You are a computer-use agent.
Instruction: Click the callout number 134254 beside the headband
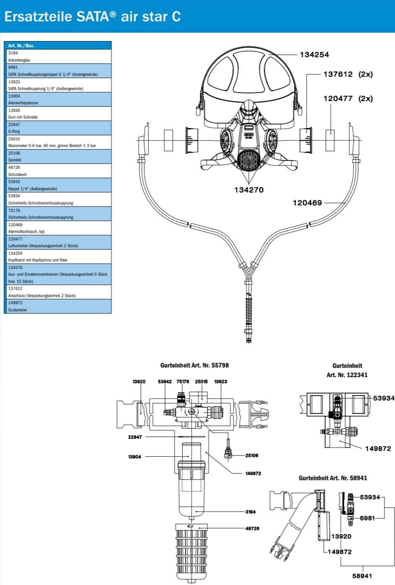[x=314, y=55]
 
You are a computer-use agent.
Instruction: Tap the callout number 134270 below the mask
[x=249, y=190]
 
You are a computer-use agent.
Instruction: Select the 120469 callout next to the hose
[x=307, y=203]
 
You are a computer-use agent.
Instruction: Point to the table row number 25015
[x=14, y=139]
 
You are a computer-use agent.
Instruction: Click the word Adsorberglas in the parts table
[x=19, y=60]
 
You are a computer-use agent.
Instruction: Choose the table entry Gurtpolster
[x=18, y=310]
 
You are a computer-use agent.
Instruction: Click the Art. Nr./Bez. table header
[x=21, y=45]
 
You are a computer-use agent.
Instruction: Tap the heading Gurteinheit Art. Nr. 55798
[x=195, y=365]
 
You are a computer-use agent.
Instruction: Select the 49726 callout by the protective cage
[x=252, y=528]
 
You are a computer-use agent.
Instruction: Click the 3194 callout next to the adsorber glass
[x=250, y=512]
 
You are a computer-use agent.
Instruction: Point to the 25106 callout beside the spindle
[x=252, y=456]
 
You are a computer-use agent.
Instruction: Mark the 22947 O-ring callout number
[x=135, y=437]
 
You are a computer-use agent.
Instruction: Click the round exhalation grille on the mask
[x=249, y=160]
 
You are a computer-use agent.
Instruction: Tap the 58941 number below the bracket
[x=362, y=576]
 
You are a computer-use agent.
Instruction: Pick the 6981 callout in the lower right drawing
[x=367, y=518]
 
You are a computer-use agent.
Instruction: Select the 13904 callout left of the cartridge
[x=135, y=457]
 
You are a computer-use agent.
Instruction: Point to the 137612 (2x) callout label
[x=348, y=75]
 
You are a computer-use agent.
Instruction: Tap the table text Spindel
[x=14, y=160]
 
